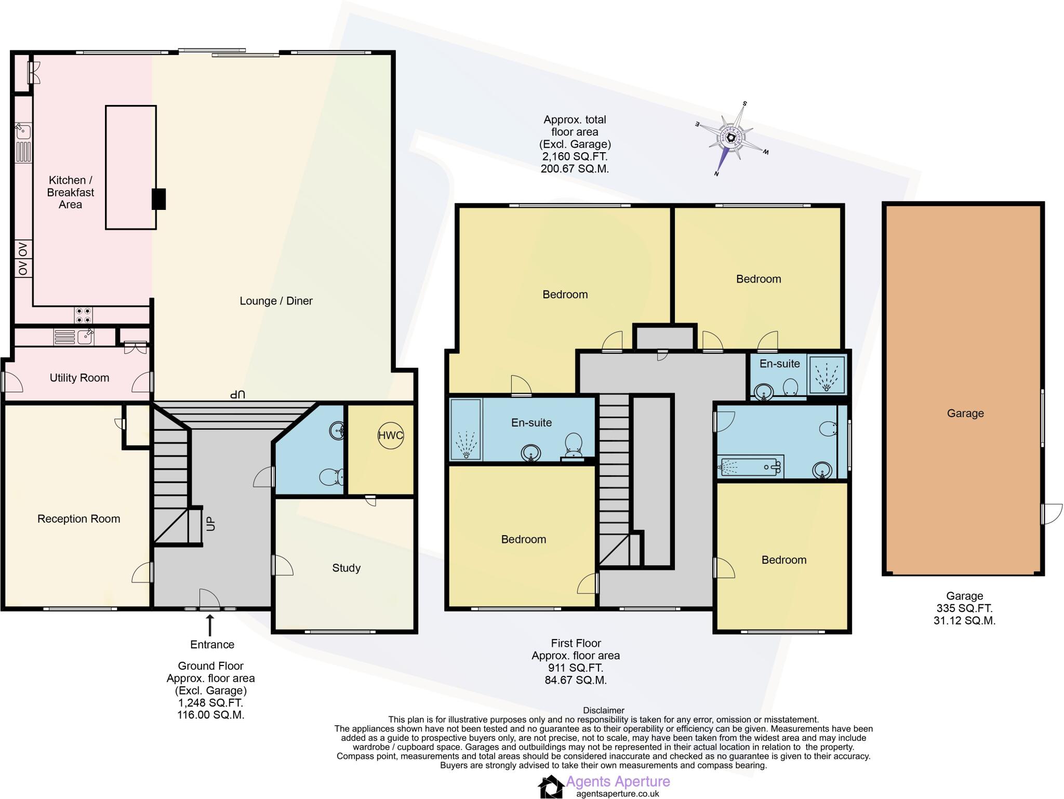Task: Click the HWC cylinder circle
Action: pos(390,435)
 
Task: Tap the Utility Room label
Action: pos(79,378)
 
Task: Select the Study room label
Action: pos(346,568)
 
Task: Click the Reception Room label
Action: pos(78,518)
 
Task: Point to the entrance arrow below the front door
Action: pos(210,625)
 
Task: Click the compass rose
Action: pos(731,138)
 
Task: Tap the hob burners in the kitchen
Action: pos(84,315)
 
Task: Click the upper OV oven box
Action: pos(23,250)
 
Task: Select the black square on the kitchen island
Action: pos(158,199)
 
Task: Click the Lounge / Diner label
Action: pos(276,301)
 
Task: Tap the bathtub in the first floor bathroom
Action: pos(751,467)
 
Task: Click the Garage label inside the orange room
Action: pos(965,413)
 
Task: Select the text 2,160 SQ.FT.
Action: pos(575,156)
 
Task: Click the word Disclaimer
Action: pos(603,710)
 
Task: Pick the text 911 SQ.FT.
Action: pos(576,668)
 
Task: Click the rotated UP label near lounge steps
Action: pos(237,395)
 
